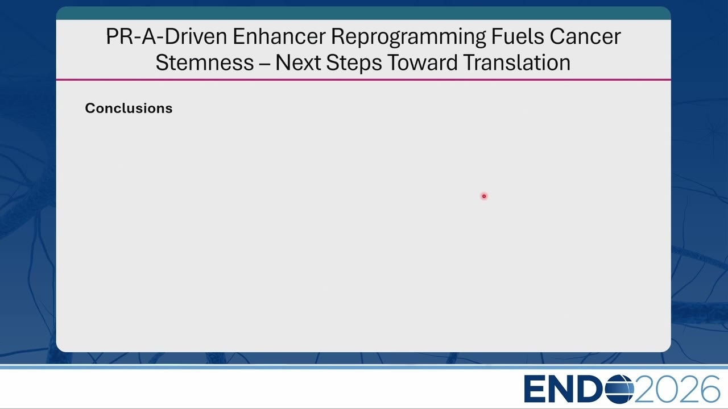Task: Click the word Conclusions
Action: [129, 108]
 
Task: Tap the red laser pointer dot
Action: [484, 196]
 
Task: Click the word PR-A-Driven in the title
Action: [167, 36]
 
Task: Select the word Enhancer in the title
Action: [279, 36]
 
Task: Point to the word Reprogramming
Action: [408, 37]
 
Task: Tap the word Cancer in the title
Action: [585, 36]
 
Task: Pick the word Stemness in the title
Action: [205, 62]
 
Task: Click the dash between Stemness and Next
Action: [264, 63]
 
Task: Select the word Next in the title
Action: [298, 62]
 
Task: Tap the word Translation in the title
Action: [517, 62]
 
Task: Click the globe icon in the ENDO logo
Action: [619, 389]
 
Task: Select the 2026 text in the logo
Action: [677, 389]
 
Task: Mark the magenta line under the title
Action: [363, 80]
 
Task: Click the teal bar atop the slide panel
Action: [363, 13]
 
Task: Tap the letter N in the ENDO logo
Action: [561, 389]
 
